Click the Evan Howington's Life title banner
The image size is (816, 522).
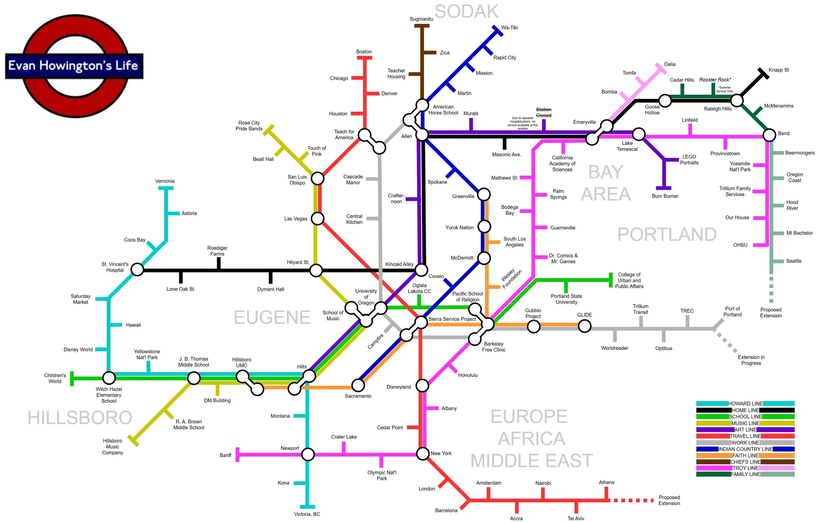pos(74,66)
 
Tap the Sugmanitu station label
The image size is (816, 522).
pos(421,19)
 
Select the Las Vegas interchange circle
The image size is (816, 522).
pos(318,219)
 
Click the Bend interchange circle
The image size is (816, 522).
pos(769,135)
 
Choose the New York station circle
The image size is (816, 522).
pos(423,453)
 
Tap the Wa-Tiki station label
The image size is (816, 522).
pos(509,27)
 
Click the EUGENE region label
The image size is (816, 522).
pos(272,317)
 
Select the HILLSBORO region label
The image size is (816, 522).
pos(80,418)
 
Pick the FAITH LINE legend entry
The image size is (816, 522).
pos(745,455)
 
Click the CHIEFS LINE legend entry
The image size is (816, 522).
pos(745,462)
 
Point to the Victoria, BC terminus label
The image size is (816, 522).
pos(307,514)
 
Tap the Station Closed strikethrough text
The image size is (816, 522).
pos(543,112)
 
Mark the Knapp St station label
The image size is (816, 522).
pos(778,70)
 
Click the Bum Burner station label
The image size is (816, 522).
pos(665,196)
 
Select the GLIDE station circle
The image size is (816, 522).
pos(585,326)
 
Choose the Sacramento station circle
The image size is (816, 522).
pos(358,385)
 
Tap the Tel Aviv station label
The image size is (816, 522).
pos(576,518)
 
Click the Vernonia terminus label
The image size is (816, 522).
pos(165,181)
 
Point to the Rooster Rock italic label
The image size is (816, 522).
pos(715,80)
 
